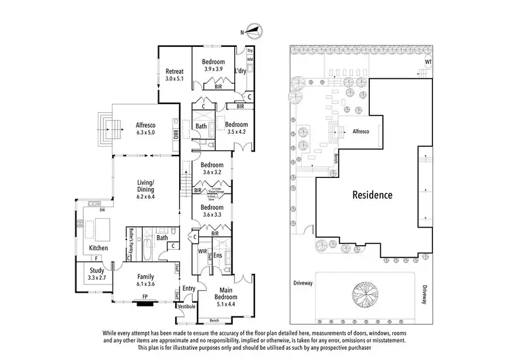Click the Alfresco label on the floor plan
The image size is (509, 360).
point(145,125)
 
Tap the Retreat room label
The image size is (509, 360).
point(175,71)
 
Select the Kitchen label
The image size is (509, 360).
point(98,248)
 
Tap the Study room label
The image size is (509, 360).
point(96,270)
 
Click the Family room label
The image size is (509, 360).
point(145,277)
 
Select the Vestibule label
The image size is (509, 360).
point(187,306)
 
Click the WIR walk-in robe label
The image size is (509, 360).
point(202,251)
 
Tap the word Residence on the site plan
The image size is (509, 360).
point(372,195)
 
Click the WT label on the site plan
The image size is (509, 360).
point(428,62)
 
